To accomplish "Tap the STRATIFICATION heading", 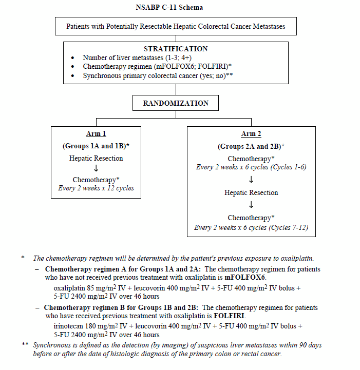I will point(176,49).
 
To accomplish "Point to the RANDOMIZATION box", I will point(176,103).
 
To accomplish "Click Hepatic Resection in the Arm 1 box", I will point(96,159).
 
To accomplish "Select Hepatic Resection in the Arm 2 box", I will point(251,193).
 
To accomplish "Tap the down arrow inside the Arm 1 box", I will point(96,169).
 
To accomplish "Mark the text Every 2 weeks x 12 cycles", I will point(96,188).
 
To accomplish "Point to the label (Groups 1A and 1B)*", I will point(96,146).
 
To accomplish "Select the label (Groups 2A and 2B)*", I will point(251,146).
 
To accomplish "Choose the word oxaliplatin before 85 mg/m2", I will point(70,288).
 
